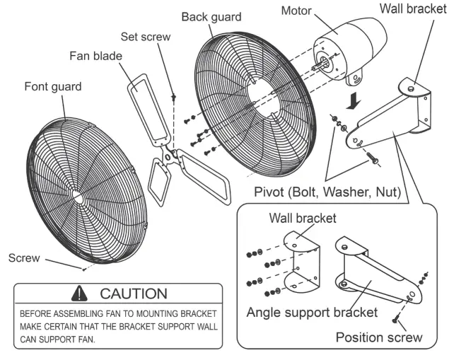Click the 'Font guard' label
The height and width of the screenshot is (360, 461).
pyautogui.click(x=53, y=86)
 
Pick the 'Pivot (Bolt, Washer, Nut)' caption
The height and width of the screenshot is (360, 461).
pyautogui.click(x=327, y=191)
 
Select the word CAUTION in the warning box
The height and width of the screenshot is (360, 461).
pyautogui.click(x=134, y=293)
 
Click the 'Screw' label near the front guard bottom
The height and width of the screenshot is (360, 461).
pyautogui.click(x=25, y=258)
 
